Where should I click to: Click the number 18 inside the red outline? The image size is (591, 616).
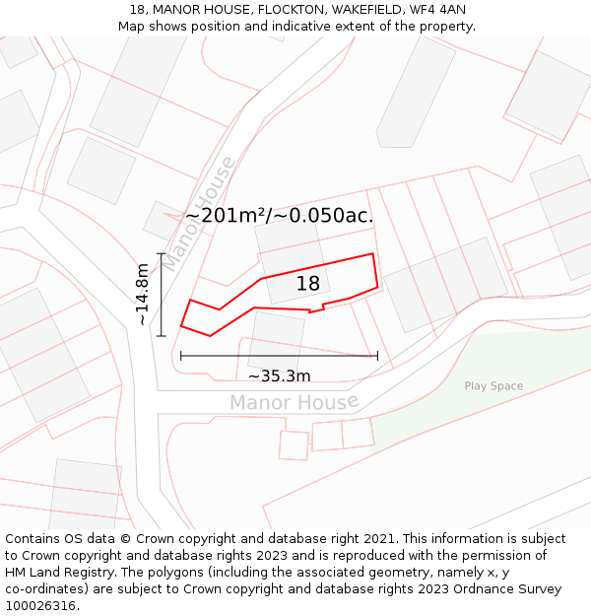coord(308,284)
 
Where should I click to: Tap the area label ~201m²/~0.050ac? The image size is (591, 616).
coord(280,216)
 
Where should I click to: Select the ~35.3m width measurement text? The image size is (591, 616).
coord(279,376)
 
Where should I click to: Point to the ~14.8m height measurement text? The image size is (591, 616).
coord(143,294)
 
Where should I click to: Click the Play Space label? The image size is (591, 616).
coord(493,386)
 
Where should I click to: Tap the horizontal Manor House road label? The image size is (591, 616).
coord(294,402)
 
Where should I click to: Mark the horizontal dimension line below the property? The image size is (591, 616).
coord(279,356)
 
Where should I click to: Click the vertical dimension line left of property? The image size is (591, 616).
coord(161,294)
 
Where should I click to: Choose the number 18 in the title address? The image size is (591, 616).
coord(137,10)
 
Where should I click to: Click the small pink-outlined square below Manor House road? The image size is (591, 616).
coord(294,445)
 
